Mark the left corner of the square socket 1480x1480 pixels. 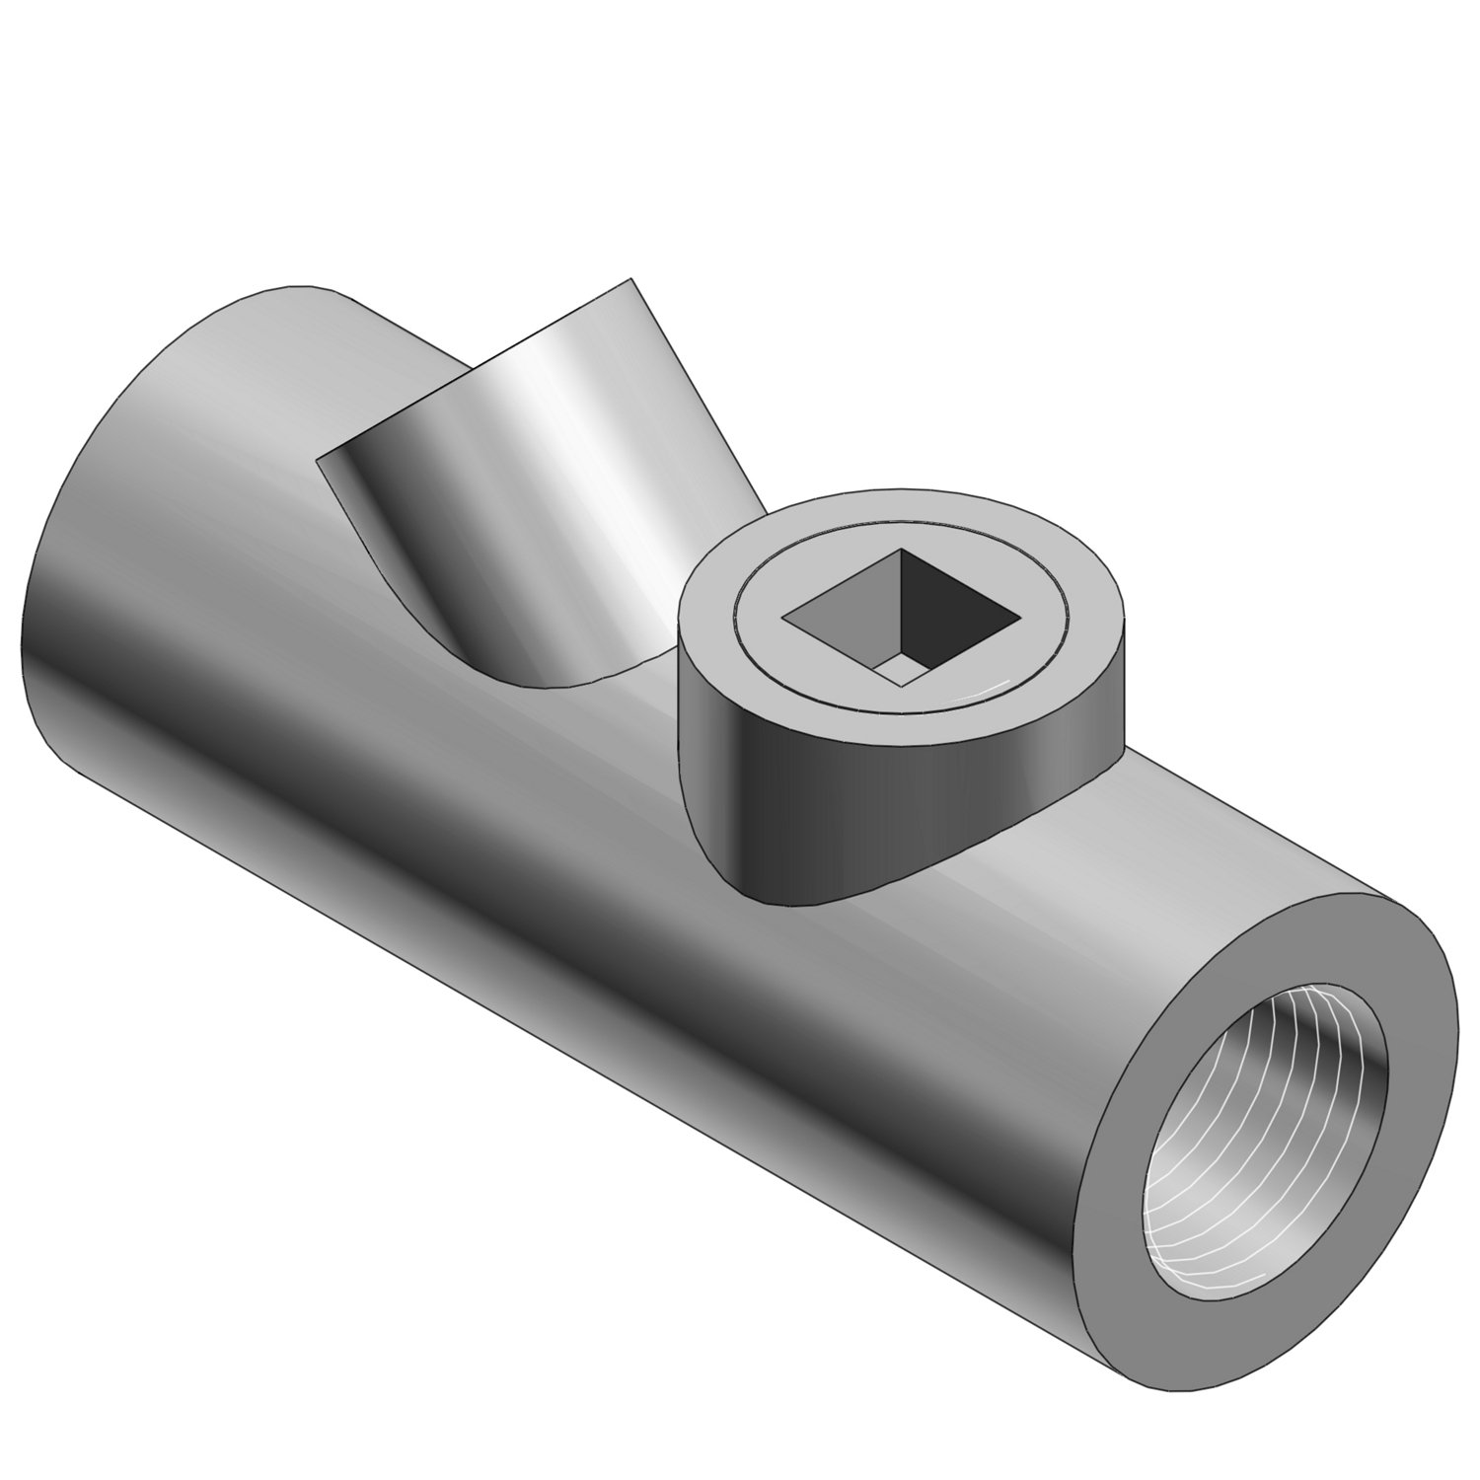click(785, 620)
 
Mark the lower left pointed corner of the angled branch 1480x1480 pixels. click(318, 460)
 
